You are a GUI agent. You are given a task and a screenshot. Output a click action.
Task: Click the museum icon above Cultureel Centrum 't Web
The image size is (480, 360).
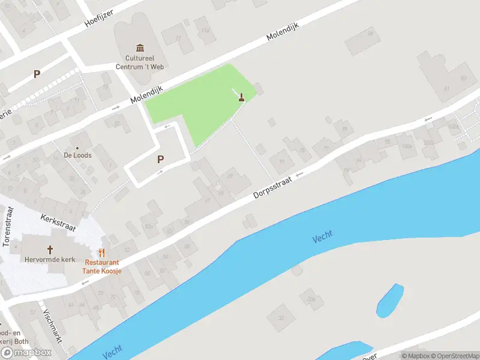coord(140,48)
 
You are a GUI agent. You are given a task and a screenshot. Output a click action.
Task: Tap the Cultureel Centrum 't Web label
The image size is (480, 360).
coord(140,63)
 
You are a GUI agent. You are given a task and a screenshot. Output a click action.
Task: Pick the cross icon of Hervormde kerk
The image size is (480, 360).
coord(50,250)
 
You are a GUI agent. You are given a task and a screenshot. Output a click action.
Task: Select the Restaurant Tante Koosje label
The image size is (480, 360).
coord(103,267)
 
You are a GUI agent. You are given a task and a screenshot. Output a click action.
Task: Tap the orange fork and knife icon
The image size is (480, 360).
coord(102,253)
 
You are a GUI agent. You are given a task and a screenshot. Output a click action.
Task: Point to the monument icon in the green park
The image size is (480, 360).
coord(241,97)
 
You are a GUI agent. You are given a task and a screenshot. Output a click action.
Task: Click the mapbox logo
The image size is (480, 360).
coord(26,353)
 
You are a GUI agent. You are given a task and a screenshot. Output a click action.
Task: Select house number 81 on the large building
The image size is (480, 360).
coord(446,88)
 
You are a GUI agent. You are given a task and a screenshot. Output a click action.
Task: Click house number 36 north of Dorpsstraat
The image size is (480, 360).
coord(370,34)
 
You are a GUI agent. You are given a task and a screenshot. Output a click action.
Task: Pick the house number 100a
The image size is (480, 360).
coord(407,146)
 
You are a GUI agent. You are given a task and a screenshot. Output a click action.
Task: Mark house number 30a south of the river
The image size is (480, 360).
coord(311,298)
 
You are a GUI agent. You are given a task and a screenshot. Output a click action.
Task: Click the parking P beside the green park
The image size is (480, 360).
coord(160,159)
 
